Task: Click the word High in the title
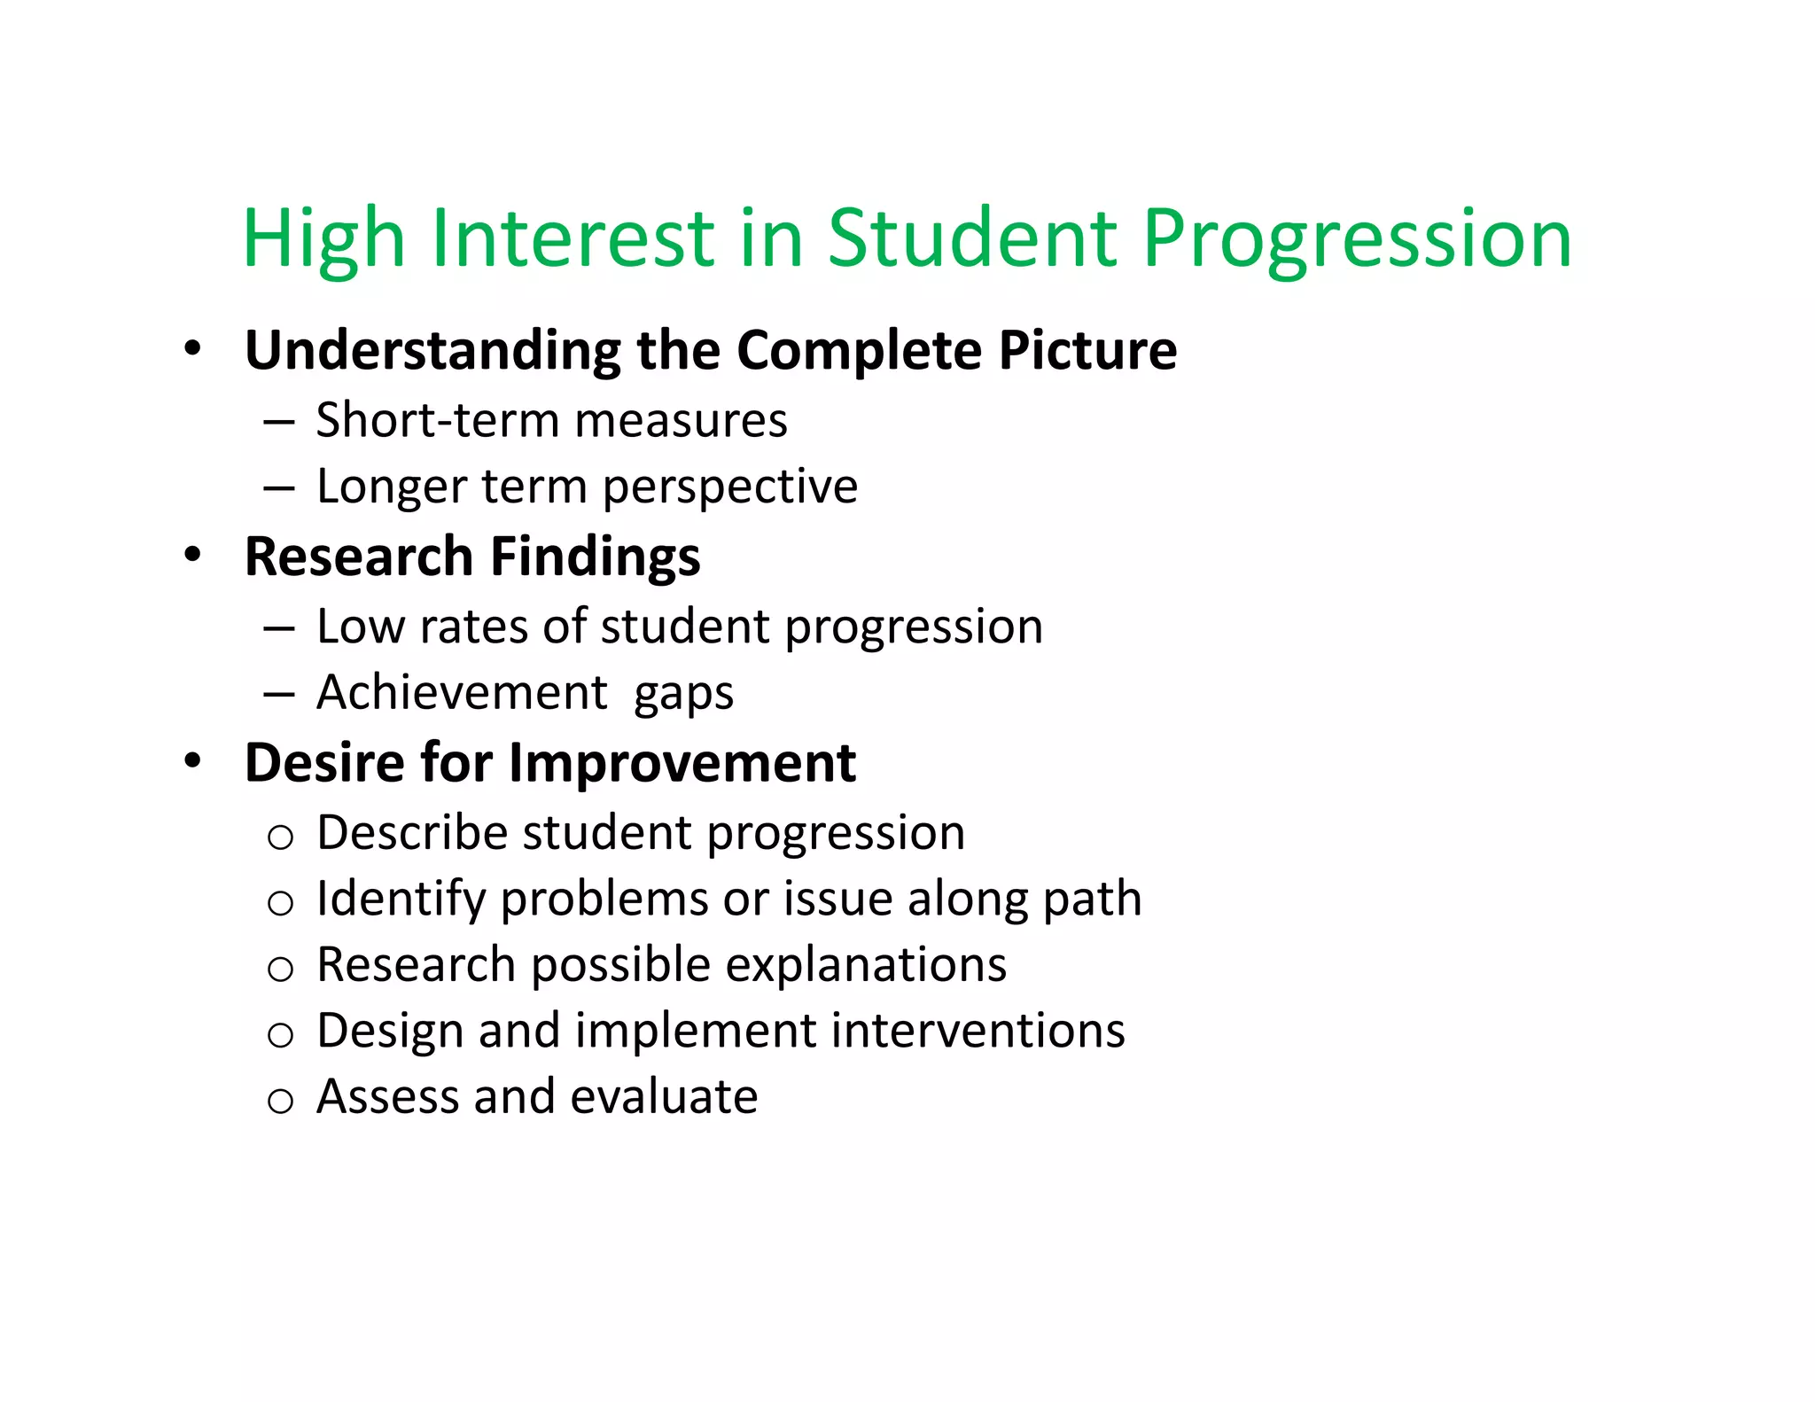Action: (323, 239)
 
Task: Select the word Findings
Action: (595, 558)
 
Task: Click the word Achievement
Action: (462, 692)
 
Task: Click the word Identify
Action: (401, 900)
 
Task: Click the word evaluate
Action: (664, 1097)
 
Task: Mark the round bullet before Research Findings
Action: (193, 555)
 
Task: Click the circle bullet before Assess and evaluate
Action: (280, 1102)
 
